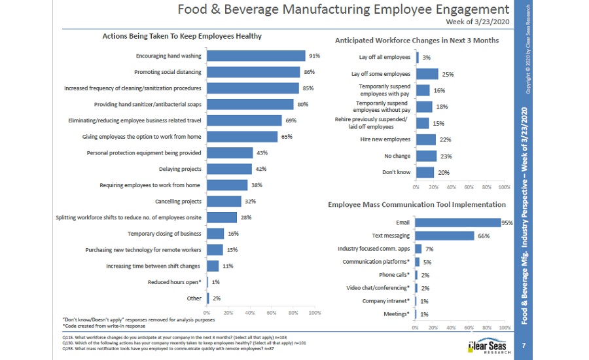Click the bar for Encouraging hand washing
tap(256, 56)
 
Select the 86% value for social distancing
tap(310, 72)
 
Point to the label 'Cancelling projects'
tap(178, 201)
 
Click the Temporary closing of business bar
tap(215, 234)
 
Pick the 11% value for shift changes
tap(228, 266)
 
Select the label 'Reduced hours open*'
tap(174, 282)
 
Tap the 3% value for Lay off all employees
tap(426, 58)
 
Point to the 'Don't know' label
tap(397, 172)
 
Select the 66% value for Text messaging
tap(484, 236)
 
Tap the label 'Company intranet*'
tap(386, 301)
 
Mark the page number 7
tap(524, 344)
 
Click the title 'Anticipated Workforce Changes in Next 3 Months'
tap(417, 41)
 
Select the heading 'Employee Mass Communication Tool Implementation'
tap(416, 205)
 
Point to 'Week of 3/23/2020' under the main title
tap(477, 22)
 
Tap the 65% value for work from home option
tap(287, 137)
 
